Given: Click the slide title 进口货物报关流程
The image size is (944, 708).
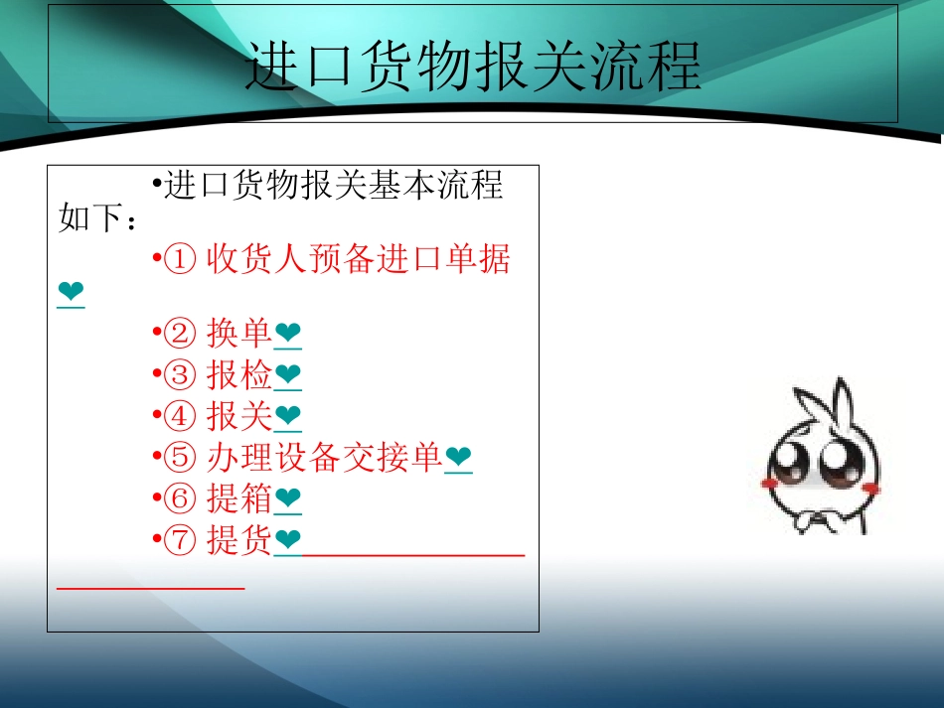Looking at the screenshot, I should (x=473, y=67).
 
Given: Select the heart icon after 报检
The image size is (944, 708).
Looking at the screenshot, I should (x=287, y=376).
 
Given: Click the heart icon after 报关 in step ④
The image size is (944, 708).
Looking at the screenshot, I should (x=287, y=417).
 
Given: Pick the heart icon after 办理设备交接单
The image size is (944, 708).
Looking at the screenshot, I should (x=458, y=458).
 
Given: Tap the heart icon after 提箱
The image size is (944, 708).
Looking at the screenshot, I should (x=287, y=499).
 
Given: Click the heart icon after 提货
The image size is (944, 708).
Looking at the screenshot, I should (x=287, y=540).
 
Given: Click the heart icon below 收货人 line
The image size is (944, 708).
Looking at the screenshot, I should (x=71, y=293).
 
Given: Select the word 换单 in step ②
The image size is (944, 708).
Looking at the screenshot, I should (x=238, y=335).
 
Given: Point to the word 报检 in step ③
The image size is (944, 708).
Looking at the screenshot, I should (x=238, y=375).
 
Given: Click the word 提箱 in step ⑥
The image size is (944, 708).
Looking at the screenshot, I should (x=238, y=498).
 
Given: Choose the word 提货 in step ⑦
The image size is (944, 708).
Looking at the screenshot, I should (x=238, y=539).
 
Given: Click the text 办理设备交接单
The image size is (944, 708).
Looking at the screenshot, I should (x=324, y=457).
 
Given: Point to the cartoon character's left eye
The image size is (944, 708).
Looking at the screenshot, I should (x=794, y=458).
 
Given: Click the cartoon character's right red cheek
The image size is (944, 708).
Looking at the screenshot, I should (x=871, y=487).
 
